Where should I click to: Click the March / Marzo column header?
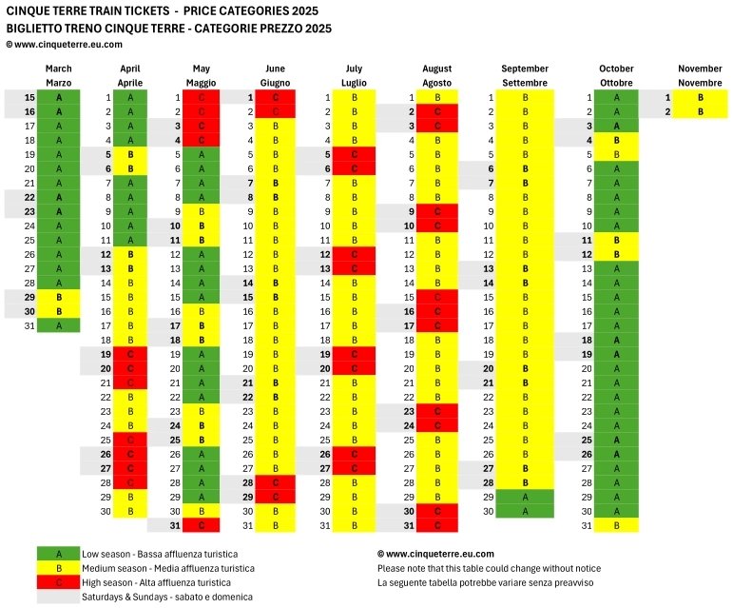pyautogui.click(x=59, y=75)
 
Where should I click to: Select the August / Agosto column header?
pyautogui.click(x=437, y=75)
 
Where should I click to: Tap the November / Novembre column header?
pyautogui.click(x=700, y=75)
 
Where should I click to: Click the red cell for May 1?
pyautogui.click(x=203, y=97)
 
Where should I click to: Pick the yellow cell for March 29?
pyautogui.click(x=59, y=297)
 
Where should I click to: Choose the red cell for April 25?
pyautogui.click(x=130, y=440)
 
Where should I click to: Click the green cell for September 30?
pyautogui.click(x=525, y=511)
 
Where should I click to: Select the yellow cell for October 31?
pyautogui.click(x=618, y=525)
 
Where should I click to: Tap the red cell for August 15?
pyautogui.click(x=437, y=297)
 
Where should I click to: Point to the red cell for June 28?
pyautogui.click(x=276, y=482)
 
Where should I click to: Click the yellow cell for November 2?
pyautogui.click(x=700, y=111)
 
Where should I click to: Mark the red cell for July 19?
pyautogui.click(x=354, y=354)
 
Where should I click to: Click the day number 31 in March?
pyautogui.click(x=29, y=325)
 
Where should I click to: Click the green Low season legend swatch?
pyautogui.click(x=59, y=554)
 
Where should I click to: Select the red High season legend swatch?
pyautogui.click(x=59, y=582)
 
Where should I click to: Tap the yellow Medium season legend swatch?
pyautogui.click(x=59, y=568)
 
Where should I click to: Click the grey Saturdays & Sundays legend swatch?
pyautogui.click(x=59, y=597)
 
